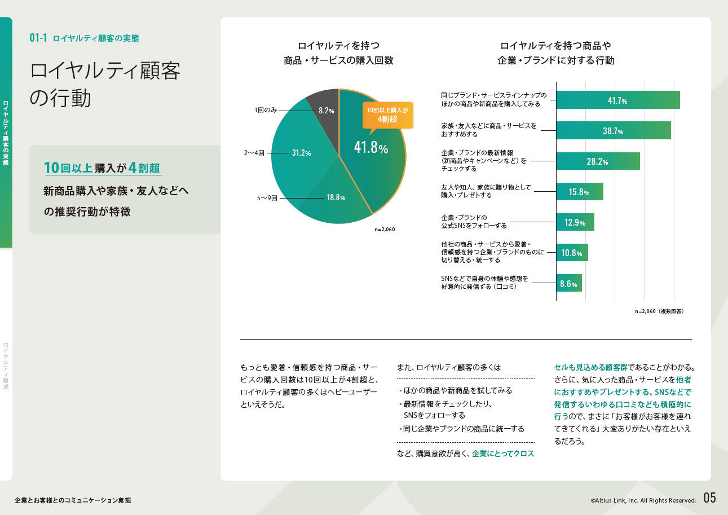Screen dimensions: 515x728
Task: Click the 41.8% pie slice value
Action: point(370,148)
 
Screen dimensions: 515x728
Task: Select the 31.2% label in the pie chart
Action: point(301,153)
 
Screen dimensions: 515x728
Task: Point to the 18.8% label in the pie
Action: point(336,198)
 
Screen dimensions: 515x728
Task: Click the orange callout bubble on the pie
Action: point(387,115)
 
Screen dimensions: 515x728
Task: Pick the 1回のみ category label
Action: point(266,111)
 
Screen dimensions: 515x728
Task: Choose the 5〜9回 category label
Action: point(267,199)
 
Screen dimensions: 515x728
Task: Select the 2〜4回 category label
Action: point(254,153)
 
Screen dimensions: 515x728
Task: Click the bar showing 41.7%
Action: point(617,100)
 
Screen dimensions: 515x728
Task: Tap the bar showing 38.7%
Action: point(613,130)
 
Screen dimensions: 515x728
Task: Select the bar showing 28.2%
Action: point(598,161)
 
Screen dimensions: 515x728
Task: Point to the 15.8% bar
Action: point(579,192)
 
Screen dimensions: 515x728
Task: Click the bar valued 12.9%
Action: point(575,222)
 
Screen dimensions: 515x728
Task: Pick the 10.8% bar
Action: point(572,253)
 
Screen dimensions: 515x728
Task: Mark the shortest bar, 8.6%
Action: point(568,283)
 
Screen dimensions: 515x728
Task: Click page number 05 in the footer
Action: point(709,498)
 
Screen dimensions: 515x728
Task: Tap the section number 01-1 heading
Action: point(38,38)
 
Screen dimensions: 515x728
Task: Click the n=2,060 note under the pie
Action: point(385,230)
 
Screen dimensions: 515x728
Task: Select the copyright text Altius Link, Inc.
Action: point(643,500)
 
